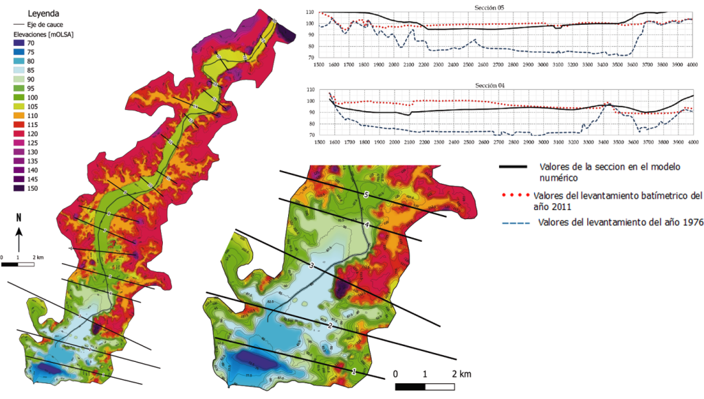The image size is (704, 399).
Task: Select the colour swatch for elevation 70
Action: click(19, 43)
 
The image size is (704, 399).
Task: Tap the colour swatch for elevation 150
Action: click(19, 188)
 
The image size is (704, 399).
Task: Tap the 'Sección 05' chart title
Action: click(489, 6)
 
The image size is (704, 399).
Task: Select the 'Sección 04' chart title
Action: click(489, 85)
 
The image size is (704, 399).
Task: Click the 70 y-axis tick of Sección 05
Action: click(311, 58)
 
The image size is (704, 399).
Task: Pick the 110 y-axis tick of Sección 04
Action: click(311, 90)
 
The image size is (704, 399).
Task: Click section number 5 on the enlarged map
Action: click(366, 196)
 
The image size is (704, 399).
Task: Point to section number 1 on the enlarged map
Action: click(354, 371)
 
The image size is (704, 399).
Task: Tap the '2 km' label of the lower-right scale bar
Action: click(461, 374)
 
